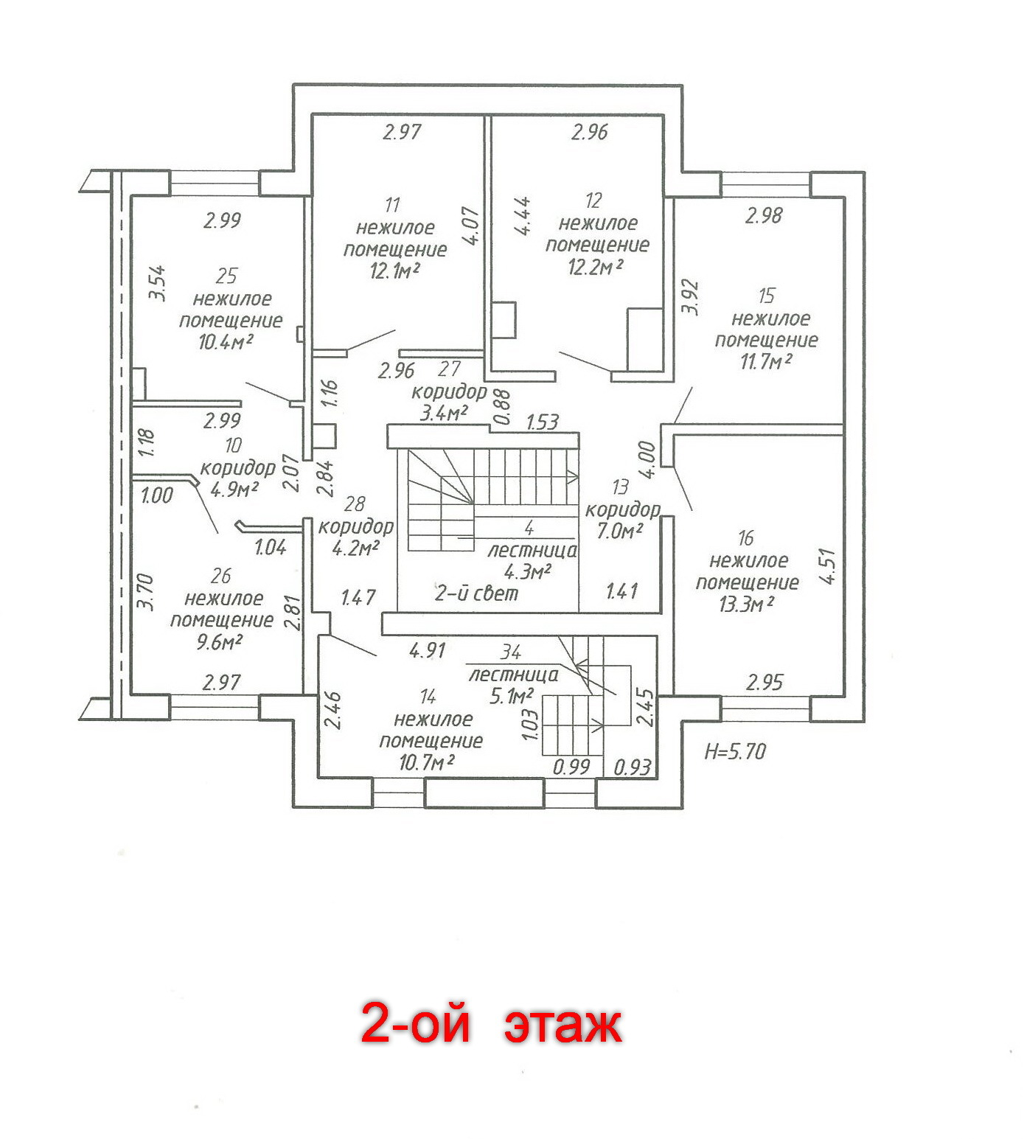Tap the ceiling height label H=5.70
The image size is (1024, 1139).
point(735,752)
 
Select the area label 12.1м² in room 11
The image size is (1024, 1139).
point(394,271)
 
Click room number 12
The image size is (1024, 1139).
point(593,201)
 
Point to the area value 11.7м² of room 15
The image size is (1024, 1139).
point(766,362)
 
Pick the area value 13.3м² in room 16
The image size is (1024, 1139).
point(746,605)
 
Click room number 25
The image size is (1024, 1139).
point(226,276)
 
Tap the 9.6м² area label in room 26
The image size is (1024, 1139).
point(219,642)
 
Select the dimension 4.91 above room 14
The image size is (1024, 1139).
point(428,650)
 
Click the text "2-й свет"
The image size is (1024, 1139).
point(476,593)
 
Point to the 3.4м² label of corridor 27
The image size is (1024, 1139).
point(444,413)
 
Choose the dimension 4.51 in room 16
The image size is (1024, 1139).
point(828,566)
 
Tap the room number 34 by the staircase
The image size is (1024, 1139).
point(511,652)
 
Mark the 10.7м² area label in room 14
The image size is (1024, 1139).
point(426,762)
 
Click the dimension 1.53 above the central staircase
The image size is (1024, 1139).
point(542,422)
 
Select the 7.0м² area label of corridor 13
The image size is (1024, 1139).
point(620,530)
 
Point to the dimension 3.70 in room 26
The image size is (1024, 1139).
point(145,591)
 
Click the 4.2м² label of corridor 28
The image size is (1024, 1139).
point(356,548)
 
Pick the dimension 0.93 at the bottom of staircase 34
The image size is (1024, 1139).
point(633,767)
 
